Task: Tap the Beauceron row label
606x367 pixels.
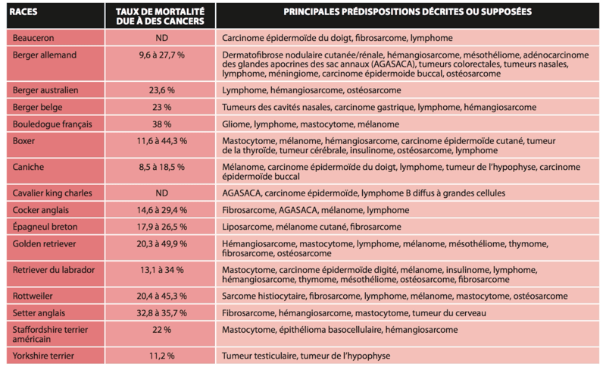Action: (33, 37)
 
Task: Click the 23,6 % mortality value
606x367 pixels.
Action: (161, 89)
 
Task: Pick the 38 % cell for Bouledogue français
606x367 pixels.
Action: (161, 124)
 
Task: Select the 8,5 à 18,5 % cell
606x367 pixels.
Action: (161, 166)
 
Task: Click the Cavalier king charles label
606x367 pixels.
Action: (52, 193)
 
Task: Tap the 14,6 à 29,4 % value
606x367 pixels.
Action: (161, 210)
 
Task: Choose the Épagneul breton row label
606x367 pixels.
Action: (45, 227)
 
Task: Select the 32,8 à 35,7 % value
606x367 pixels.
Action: (161, 313)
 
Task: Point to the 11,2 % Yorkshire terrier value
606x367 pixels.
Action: (161, 355)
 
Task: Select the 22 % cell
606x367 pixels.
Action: (161, 330)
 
